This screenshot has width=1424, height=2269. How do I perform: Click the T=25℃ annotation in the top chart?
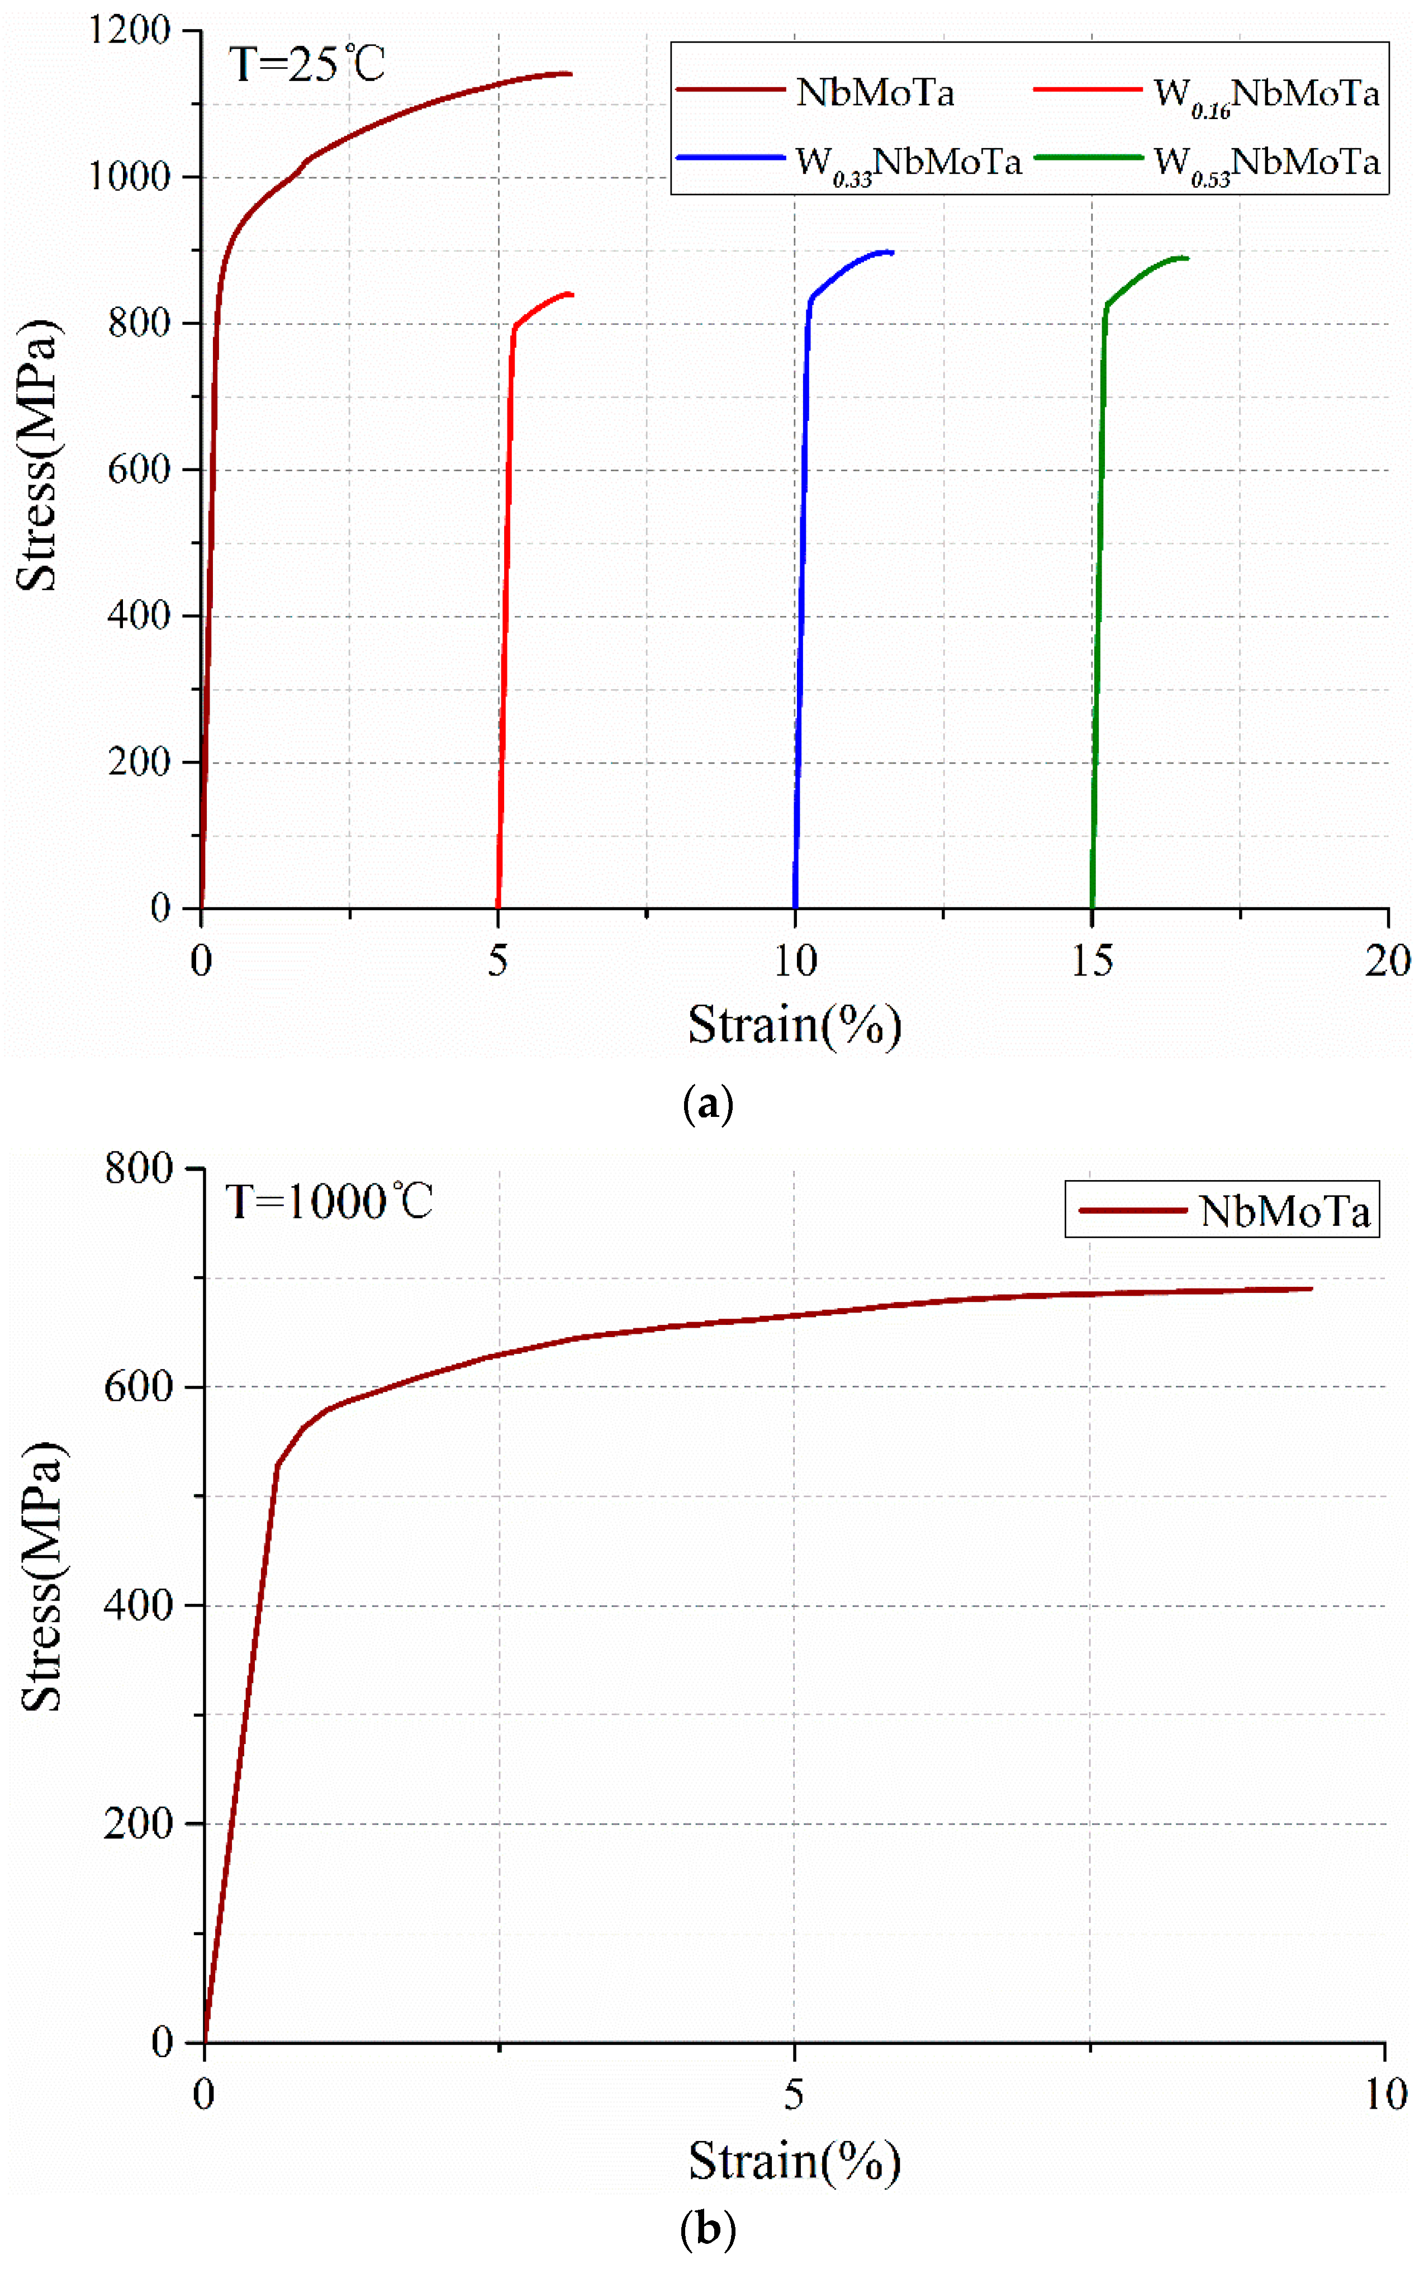coord(307,65)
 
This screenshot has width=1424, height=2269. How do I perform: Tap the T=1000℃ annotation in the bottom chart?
coord(329,1203)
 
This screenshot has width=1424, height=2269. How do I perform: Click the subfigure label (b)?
coord(708,2229)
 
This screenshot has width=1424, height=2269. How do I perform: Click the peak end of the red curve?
coord(570,294)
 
